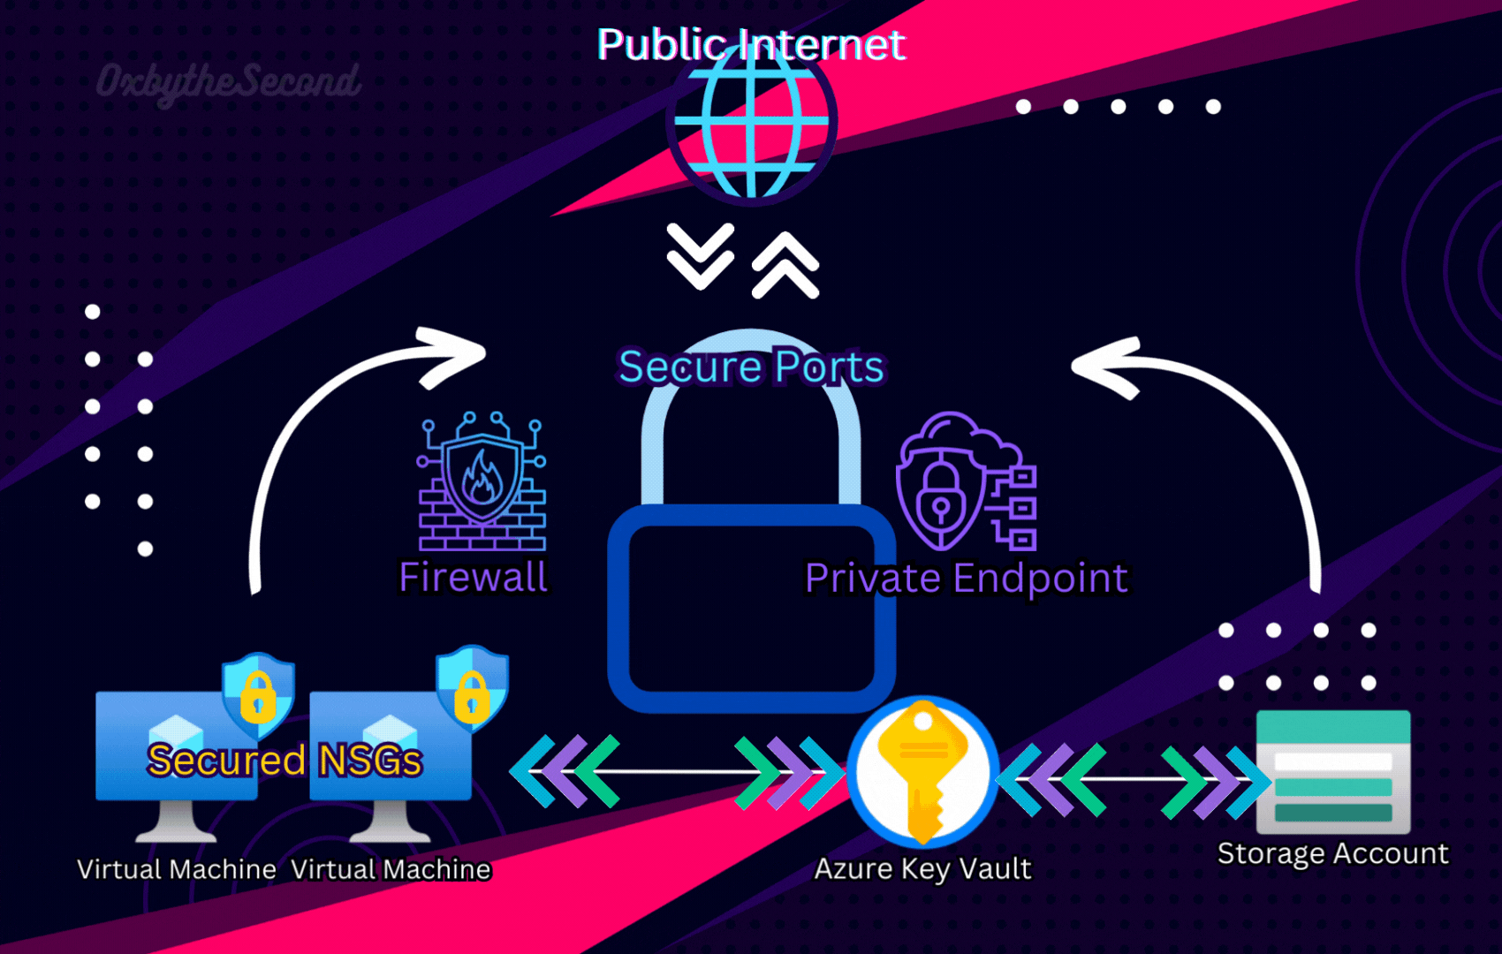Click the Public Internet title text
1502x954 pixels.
click(751, 44)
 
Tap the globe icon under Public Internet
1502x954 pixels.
click(751, 124)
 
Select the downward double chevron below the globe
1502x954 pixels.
click(700, 256)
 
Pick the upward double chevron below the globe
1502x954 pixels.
click(785, 265)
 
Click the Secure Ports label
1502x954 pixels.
click(751, 367)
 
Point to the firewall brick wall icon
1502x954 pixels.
click(482, 481)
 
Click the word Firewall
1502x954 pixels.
click(474, 578)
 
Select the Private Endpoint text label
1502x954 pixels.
click(966, 579)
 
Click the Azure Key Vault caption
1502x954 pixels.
click(922, 869)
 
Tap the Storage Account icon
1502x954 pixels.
click(1333, 772)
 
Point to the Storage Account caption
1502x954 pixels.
click(1332, 853)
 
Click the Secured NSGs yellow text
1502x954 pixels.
click(284, 761)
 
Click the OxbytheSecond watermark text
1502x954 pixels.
click(228, 82)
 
